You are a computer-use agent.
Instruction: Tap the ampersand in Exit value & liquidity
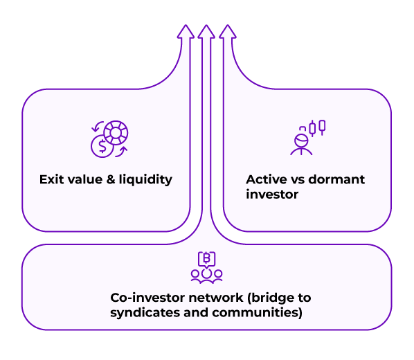(111, 179)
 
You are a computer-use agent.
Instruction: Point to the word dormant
(336, 179)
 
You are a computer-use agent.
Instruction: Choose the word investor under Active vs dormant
(272, 195)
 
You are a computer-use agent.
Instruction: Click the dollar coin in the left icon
(102, 146)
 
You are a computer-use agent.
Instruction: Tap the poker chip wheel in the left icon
(116, 133)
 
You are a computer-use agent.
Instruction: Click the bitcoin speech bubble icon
(207, 259)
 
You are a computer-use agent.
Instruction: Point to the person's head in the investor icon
(302, 141)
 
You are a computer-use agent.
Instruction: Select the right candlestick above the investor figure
(322, 127)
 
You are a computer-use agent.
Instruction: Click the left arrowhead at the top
(186, 32)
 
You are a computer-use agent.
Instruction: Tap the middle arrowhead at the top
(206, 32)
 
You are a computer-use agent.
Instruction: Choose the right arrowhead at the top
(228, 32)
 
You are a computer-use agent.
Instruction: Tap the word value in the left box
(85, 179)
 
